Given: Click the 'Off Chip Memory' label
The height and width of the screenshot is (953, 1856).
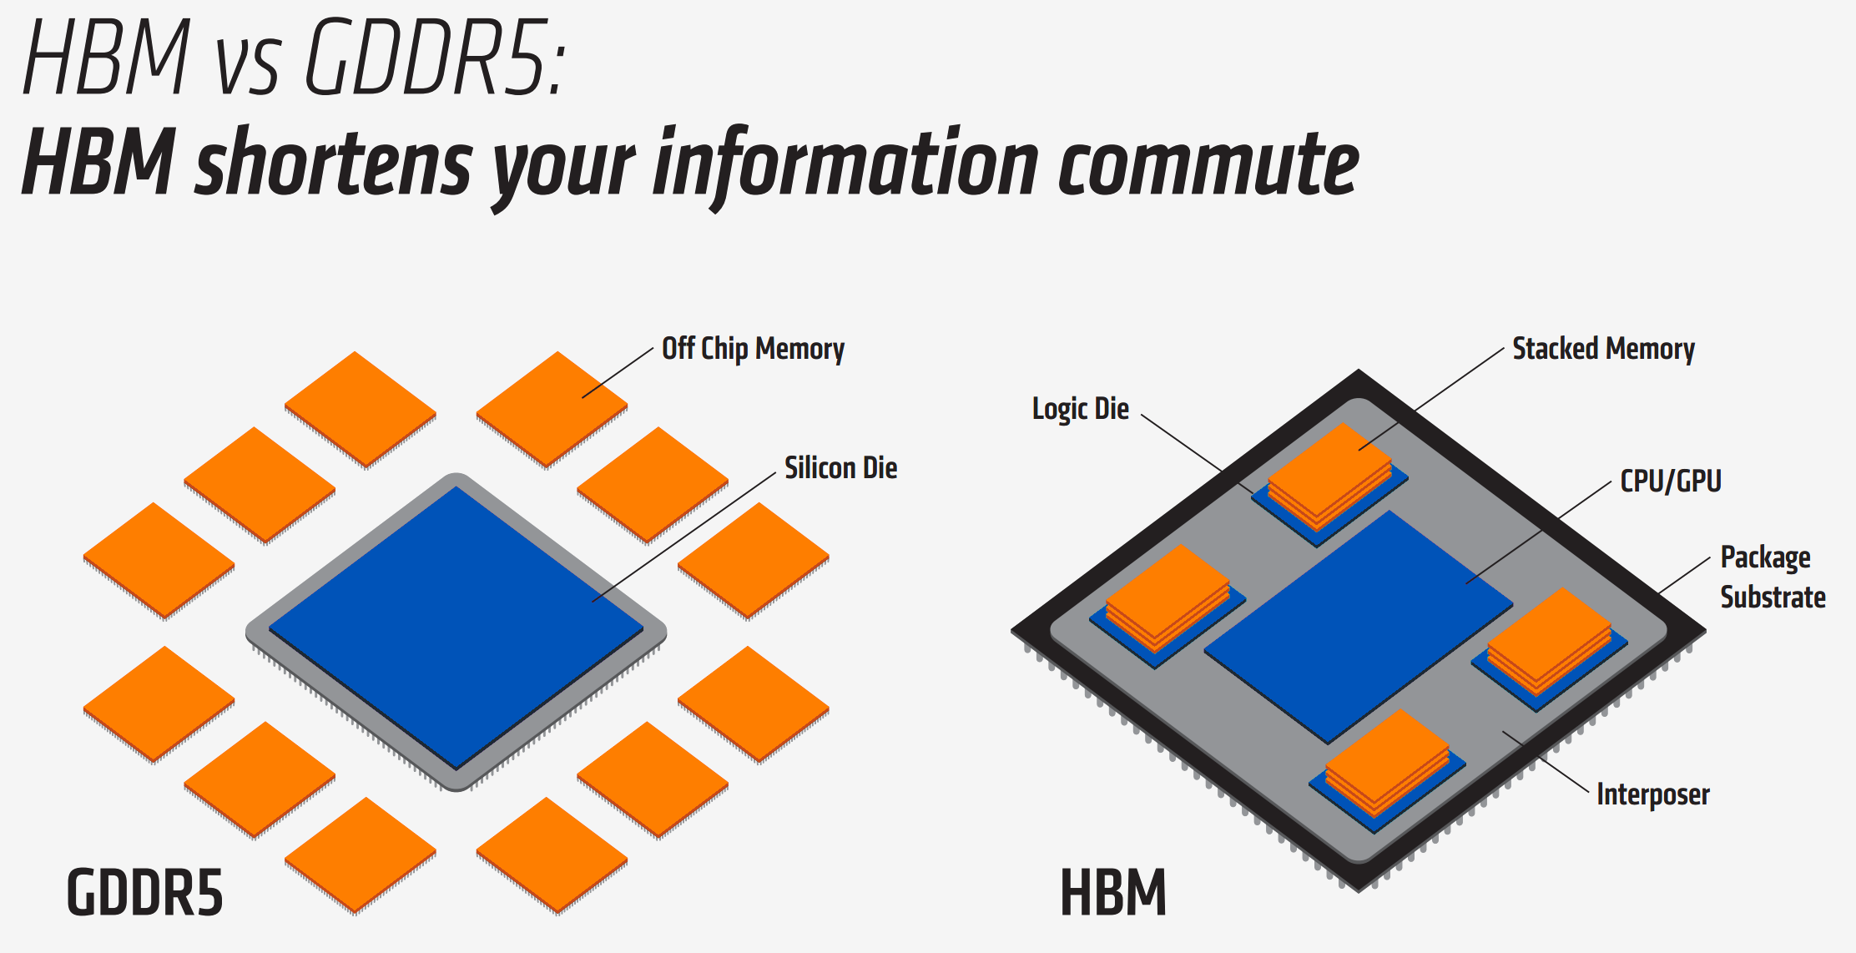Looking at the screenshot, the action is pos(753,349).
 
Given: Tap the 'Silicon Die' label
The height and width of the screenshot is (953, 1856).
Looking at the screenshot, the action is pos(840,468).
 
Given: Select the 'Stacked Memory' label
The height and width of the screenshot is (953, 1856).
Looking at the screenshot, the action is pos(1603,349).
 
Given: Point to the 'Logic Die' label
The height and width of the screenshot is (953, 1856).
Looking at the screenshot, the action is pos(1081,409).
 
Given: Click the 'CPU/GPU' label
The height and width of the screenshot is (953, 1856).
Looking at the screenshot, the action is pos(1671,482).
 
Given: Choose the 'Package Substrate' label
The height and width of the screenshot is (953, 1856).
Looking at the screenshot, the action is pos(1773,577).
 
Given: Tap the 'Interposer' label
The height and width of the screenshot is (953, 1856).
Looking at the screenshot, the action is pos(1652,794).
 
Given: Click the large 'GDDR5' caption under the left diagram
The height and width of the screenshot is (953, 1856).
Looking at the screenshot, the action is pos(145,892).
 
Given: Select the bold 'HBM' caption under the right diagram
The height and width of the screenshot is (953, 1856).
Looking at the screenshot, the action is pos(1113,892).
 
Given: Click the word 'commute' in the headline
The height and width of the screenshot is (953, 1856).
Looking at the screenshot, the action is pos(1208,166).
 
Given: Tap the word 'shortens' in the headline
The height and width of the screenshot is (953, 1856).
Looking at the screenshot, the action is pos(333,163).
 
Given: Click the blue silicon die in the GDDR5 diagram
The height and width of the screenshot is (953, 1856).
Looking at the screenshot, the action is pos(456,628).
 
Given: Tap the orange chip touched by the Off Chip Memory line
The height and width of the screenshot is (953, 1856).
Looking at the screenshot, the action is pos(552,410).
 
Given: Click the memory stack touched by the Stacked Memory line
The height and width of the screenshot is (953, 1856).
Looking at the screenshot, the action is pos(1330,476).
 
